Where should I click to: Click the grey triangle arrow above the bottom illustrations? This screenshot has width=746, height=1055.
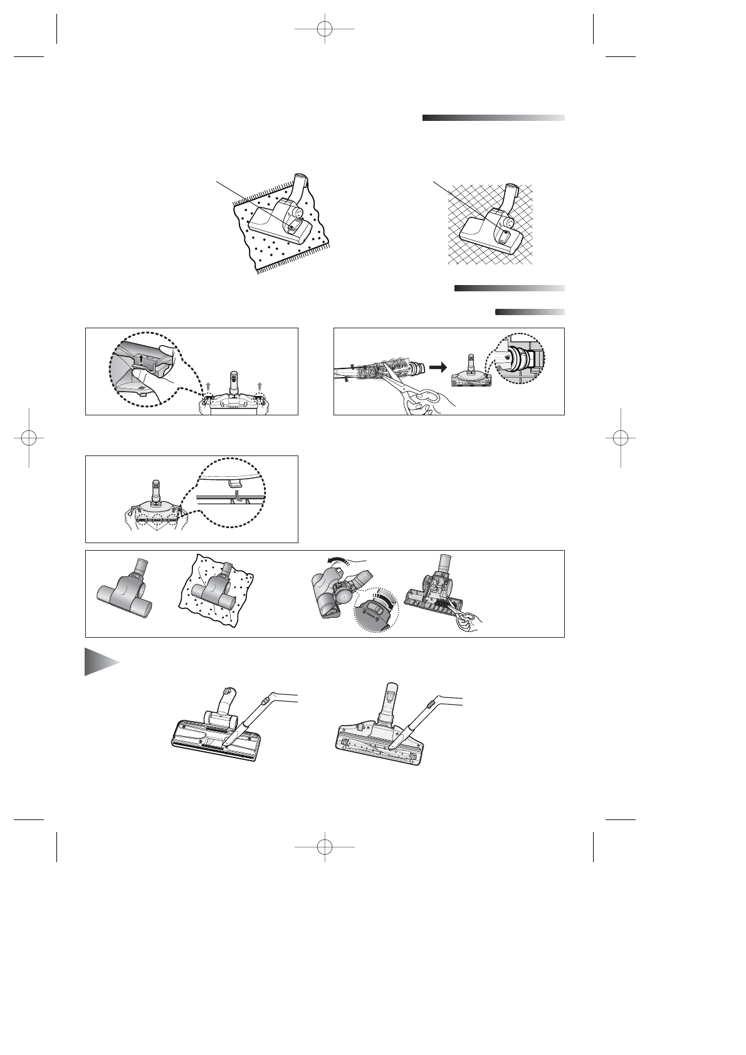point(100,662)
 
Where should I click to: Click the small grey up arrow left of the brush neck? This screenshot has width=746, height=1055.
point(209,383)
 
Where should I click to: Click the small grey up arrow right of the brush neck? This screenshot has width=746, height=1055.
point(258,383)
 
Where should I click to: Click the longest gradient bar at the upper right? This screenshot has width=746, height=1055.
point(493,118)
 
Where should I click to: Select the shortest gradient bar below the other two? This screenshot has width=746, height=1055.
point(530,311)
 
